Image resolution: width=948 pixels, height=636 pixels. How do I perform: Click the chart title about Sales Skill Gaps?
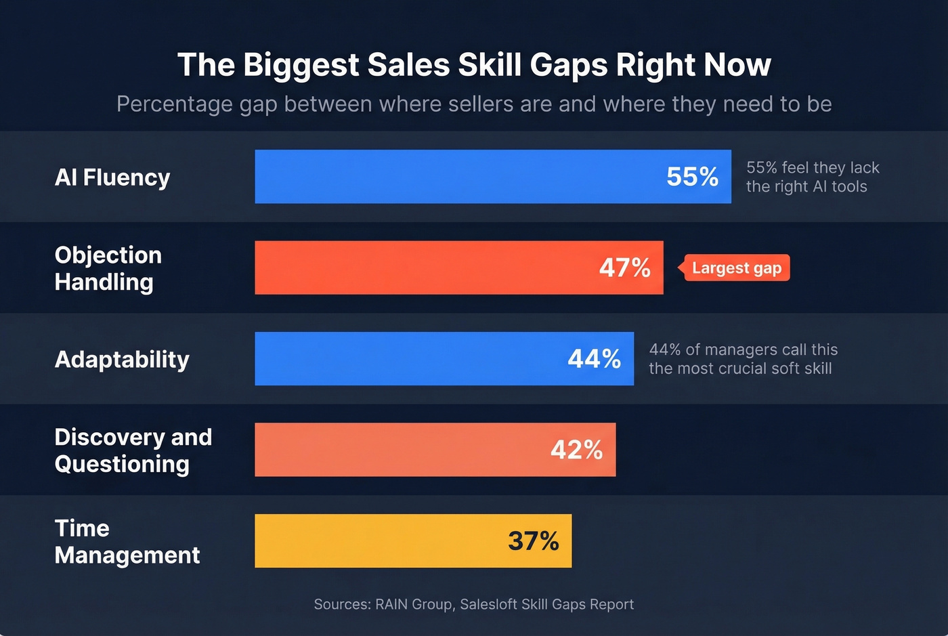point(474,65)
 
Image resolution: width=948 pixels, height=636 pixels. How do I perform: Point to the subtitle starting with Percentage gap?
point(474,104)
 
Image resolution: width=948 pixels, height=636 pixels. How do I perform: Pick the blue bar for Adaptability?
point(406,359)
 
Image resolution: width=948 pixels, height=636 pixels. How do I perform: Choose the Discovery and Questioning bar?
point(400,450)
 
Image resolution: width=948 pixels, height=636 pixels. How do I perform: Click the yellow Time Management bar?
point(379,541)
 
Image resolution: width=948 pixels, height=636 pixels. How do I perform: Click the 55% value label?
point(692,177)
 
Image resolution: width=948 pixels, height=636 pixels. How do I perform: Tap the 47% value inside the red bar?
point(624,268)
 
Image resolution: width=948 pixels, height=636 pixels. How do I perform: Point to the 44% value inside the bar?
point(594,359)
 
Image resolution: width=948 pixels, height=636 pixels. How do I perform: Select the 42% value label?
point(576,450)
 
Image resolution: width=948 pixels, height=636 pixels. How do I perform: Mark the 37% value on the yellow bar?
point(533,541)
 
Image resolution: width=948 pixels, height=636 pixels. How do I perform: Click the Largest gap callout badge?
point(736,268)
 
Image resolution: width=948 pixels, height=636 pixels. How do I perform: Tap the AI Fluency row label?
point(112,177)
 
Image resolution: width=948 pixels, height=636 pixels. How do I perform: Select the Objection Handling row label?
point(108,268)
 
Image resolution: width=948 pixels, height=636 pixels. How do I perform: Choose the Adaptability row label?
point(122,359)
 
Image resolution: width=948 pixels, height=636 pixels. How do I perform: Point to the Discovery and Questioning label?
point(133,450)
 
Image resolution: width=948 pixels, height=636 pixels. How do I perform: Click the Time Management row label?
point(127,542)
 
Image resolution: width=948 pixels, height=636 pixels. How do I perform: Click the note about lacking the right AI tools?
point(812,177)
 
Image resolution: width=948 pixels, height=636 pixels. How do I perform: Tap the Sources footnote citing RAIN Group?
point(474,604)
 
